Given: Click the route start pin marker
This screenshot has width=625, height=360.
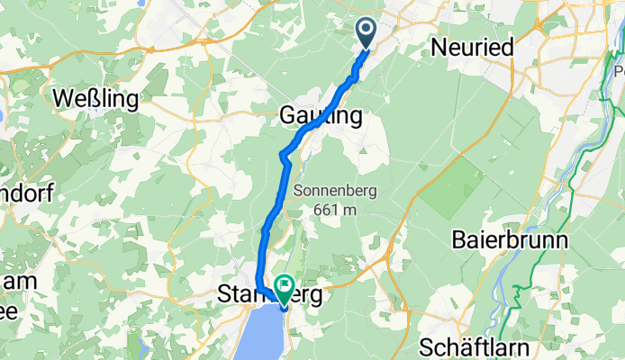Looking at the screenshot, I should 367,32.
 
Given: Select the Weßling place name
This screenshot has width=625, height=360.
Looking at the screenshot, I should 95,97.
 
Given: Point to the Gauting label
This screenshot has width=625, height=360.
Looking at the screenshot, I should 321,116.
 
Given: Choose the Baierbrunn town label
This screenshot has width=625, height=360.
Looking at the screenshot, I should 509,241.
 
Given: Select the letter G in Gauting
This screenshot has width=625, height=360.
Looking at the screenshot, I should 288,116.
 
